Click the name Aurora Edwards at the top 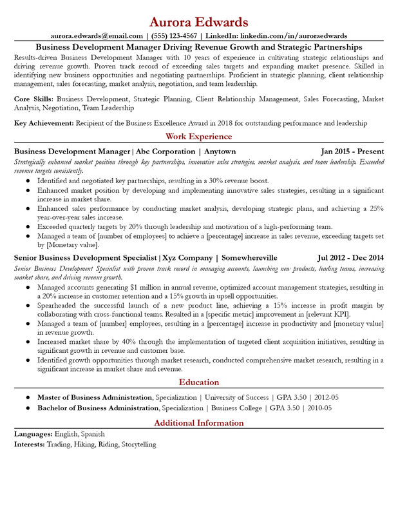(x=199, y=21)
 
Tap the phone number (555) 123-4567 (x=174, y=36)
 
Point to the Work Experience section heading (x=199, y=137)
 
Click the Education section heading (x=199, y=382)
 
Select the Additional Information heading (x=199, y=423)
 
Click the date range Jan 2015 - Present (x=352, y=151)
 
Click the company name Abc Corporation (x=165, y=151)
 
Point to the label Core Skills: (x=34, y=99)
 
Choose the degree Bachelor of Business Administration (x=97, y=408)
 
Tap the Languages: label (x=33, y=435)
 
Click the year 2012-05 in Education (x=326, y=397)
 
